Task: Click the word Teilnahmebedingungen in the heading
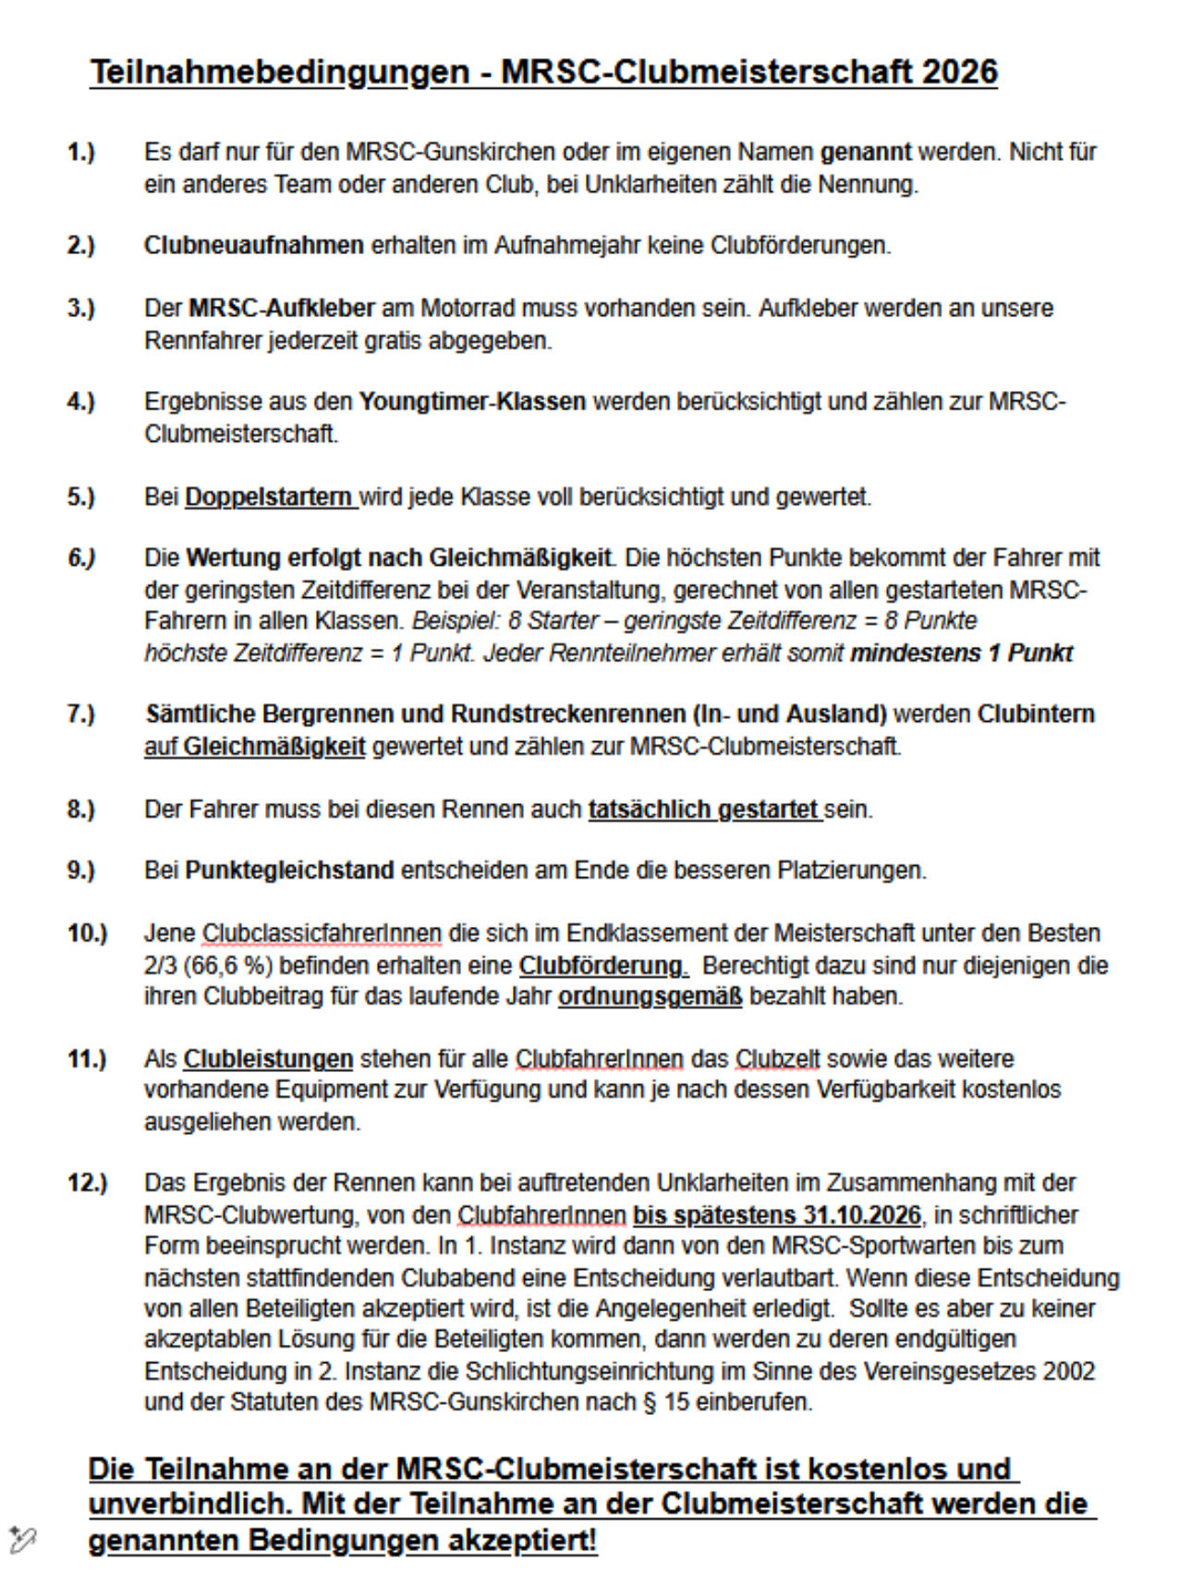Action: coord(279,72)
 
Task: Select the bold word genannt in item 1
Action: coord(865,152)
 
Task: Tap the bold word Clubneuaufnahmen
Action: coord(253,246)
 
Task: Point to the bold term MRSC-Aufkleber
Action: coord(282,308)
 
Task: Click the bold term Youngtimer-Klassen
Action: coord(472,402)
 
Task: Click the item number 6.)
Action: coord(82,558)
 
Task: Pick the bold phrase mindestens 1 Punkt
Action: coord(961,653)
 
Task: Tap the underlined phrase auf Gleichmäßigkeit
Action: coord(254,746)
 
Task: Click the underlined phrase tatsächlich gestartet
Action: coord(703,810)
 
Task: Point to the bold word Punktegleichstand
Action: coord(289,871)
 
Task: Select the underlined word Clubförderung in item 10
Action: coord(601,966)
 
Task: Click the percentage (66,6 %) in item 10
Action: coord(226,966)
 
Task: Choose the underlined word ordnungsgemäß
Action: coord(650,996)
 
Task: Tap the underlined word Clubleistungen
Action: coord(268,1059)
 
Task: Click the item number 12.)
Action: coord(87,1183)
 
